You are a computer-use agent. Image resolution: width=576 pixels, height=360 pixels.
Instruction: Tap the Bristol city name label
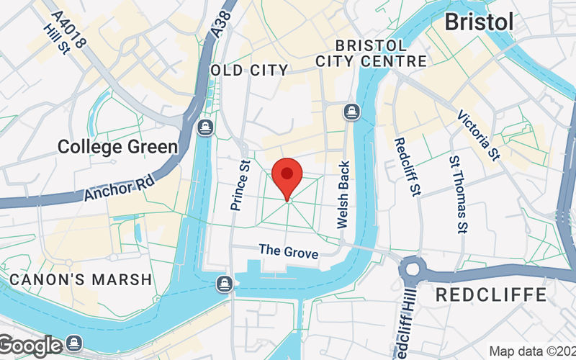[x=479, y=22]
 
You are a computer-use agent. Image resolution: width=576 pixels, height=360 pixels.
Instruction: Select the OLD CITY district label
[x=249, y=71]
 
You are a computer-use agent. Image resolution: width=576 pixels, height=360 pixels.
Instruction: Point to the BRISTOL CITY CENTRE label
[x=371, y=53]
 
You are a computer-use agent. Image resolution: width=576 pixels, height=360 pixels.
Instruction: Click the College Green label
[x=117, y=147]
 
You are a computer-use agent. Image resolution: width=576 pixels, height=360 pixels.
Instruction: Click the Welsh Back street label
[x=343, y=194]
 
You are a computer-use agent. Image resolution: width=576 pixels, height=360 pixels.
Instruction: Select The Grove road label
[x=288, y=251]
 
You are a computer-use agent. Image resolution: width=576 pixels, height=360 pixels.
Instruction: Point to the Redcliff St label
[x=407, y=167]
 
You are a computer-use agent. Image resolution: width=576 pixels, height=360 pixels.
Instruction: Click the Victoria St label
[x=479, y=135]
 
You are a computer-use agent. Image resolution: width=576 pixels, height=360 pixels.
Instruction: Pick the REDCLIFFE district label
[x=492, y=294]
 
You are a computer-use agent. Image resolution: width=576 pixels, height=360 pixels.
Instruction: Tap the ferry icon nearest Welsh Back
[x=351, y=112]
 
